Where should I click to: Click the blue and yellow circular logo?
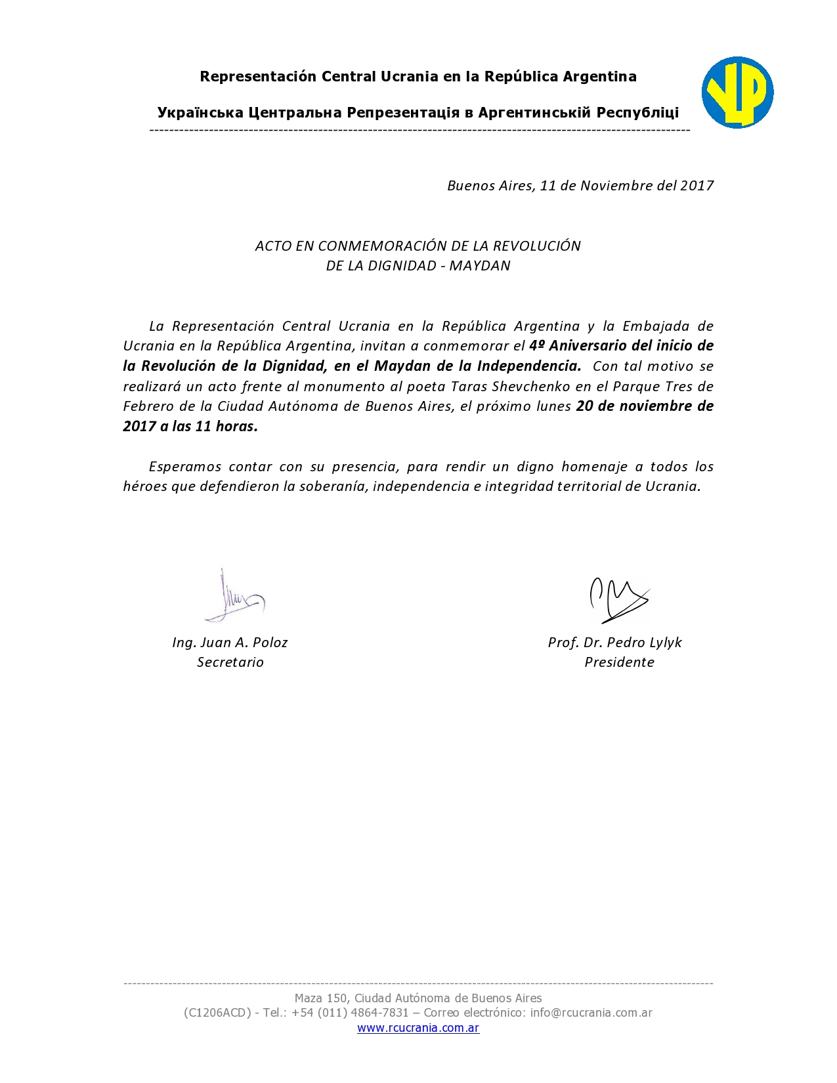737,92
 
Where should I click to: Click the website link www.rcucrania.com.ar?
418,1028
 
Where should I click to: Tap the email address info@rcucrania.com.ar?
591,1012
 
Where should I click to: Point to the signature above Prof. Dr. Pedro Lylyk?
617,599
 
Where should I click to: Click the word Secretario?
230,662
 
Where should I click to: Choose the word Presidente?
619,662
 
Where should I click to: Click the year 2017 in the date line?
697,185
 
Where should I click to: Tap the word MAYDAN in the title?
480,265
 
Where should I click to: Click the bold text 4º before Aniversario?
537,345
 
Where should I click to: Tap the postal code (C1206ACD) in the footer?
217,1012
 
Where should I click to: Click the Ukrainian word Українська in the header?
200,112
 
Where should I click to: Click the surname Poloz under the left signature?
270,642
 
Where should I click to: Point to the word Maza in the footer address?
309,998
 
